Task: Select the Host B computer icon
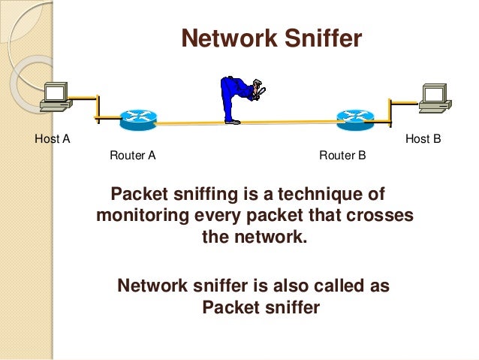tap(433, 97)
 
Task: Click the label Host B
tap(423, 138)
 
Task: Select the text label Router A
tap(133, 156)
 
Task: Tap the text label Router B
tap(342, 156)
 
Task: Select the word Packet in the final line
tap(230, 307)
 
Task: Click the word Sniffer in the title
tap(322, 38)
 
